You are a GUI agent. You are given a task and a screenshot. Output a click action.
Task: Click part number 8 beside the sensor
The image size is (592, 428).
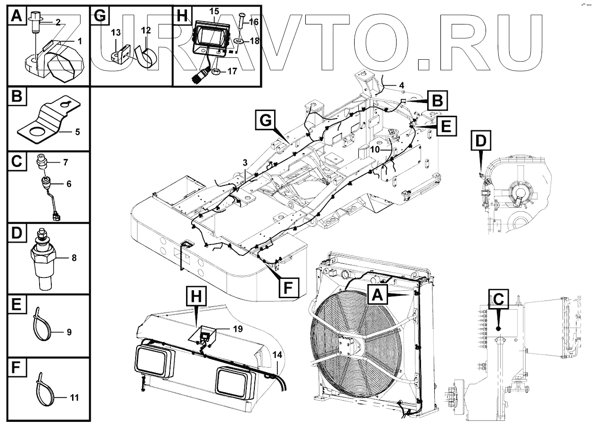[x=73, y=258]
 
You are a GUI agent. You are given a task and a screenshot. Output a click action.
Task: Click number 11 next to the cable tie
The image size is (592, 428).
[x=73, y=397]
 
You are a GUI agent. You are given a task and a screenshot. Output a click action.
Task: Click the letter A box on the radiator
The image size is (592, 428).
[x=380, y=296]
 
